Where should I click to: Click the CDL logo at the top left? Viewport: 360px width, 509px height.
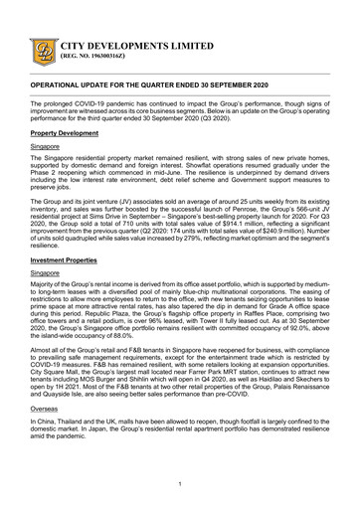pos(45,49)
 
